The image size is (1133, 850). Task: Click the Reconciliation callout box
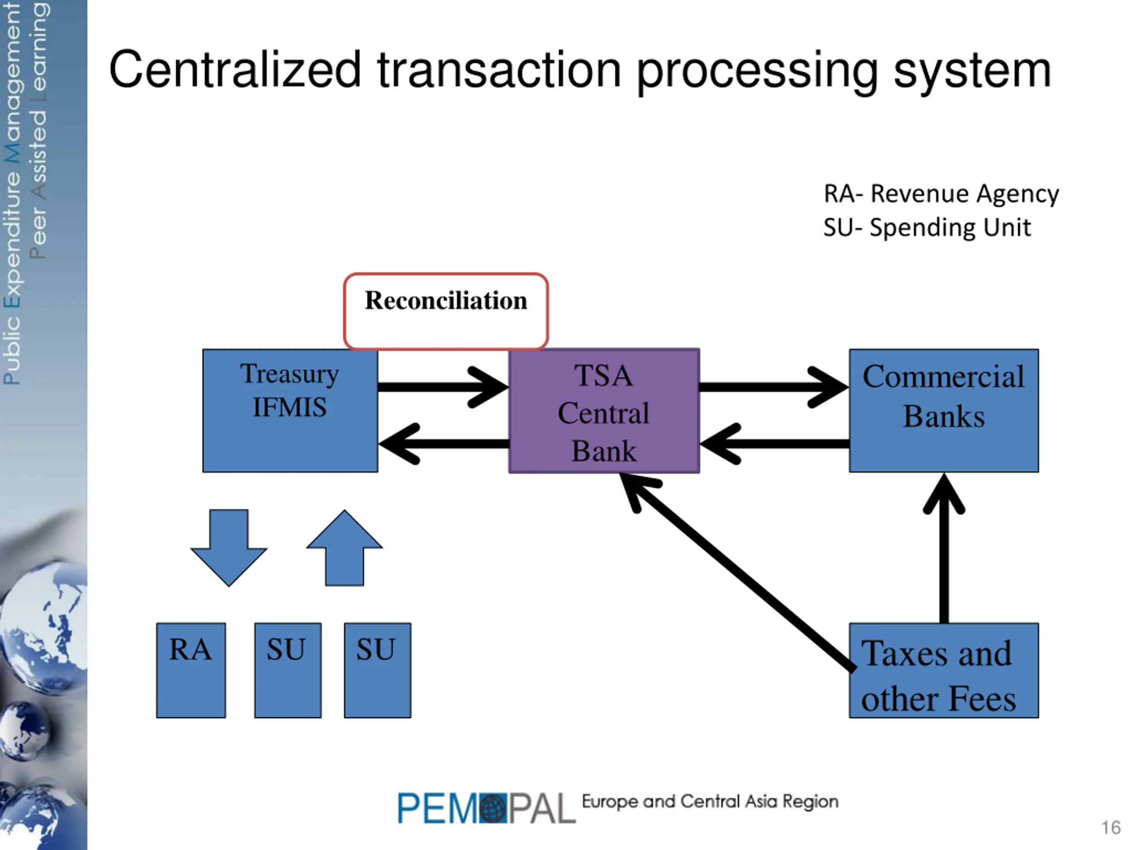pos(446,311)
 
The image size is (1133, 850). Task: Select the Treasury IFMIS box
pos(290,410)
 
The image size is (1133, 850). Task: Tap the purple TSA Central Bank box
pos(604,410)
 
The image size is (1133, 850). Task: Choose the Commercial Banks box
pos(944,410)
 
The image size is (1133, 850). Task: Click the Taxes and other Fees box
pos(944,670)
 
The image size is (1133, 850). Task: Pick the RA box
pos(191,670)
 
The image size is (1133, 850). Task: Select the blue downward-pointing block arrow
pos(228,547)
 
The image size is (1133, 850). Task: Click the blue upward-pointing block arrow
pos(344,547)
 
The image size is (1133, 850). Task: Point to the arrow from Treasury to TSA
pos(443,387)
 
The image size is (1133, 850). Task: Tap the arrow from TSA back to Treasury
pos(443,444)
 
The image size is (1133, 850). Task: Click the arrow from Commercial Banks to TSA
pos(775,444)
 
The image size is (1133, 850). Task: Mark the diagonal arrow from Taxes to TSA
pos(736,571)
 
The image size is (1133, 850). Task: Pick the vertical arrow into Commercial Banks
pos(944,548)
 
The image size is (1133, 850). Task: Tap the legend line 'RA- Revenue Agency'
pos(941,193)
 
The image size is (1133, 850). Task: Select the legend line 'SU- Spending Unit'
pos(927,228)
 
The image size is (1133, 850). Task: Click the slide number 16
pos(1111,827)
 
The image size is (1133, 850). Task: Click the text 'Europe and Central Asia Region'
pos(710,801)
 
